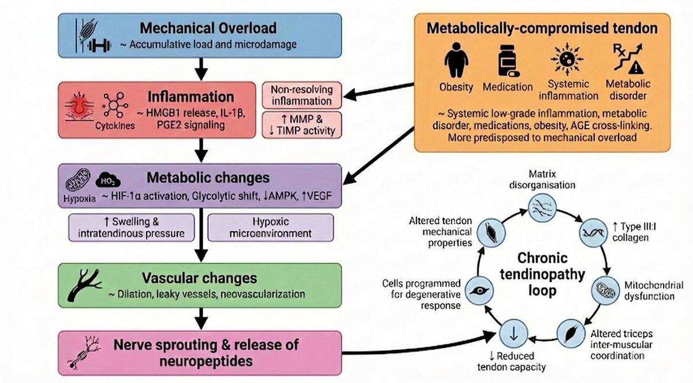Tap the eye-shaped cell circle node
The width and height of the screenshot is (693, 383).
click(x=478, y=292)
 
